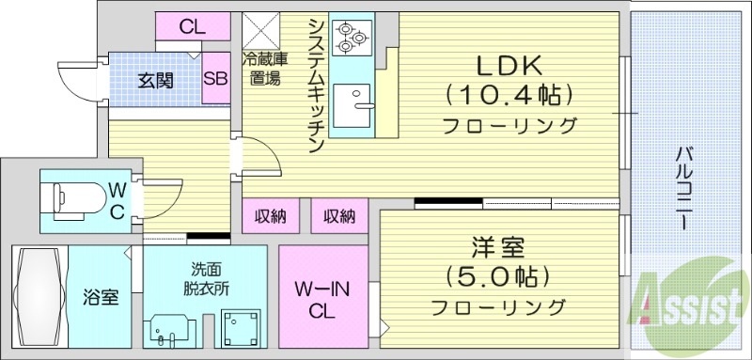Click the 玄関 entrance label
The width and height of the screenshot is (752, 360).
[x=156, y=81]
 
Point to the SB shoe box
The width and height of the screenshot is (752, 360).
[x=215, y=81]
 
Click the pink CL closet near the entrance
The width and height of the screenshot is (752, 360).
[x=193, y=26]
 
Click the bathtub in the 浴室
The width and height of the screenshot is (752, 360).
[x=39, y=297]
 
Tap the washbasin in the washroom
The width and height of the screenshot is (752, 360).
[x=170, y=327]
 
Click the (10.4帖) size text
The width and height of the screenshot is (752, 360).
[x=510, y=94]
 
